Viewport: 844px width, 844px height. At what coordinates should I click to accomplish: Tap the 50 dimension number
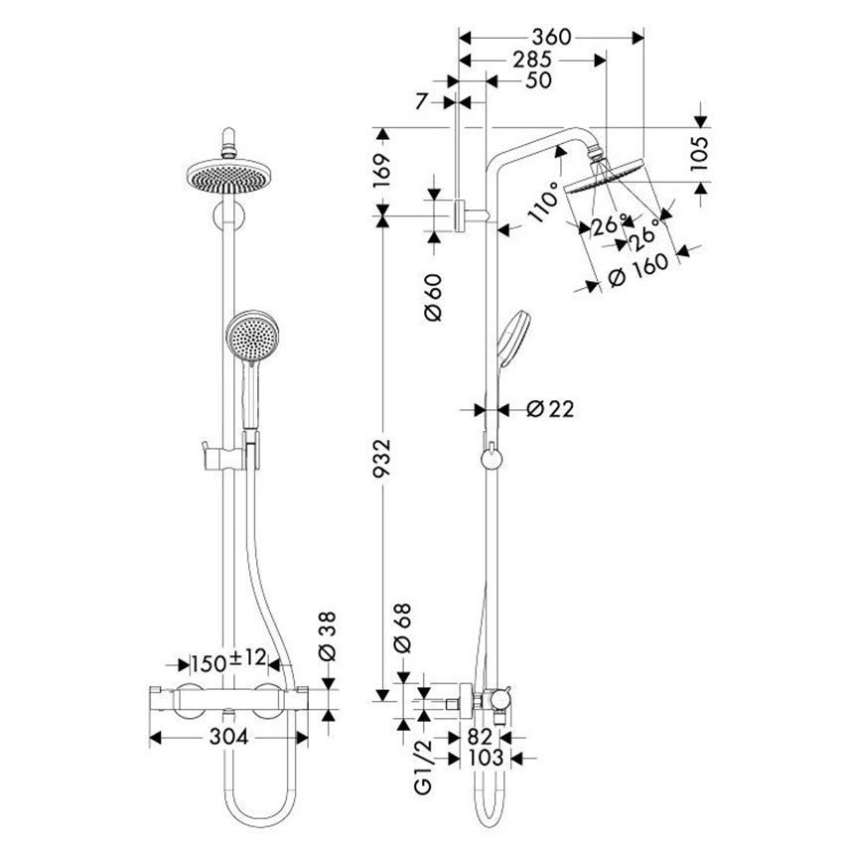[x=537, y=80]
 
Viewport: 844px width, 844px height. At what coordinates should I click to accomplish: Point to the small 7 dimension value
[x=422, y=100]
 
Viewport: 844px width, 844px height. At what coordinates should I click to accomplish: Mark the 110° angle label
[x=541, y=206]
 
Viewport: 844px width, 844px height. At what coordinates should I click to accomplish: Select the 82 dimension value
[x=481, y=737]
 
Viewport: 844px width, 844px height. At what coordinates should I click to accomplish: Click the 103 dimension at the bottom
[x=483, y=759]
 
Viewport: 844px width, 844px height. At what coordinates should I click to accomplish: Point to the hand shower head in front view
[x=252, y=338]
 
